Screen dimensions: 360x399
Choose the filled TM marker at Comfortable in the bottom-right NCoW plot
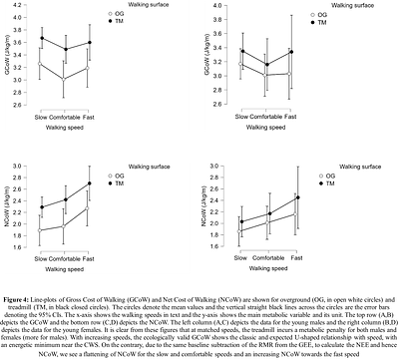pos(267,213)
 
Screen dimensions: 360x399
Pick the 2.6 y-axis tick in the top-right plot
pos(219,97)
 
